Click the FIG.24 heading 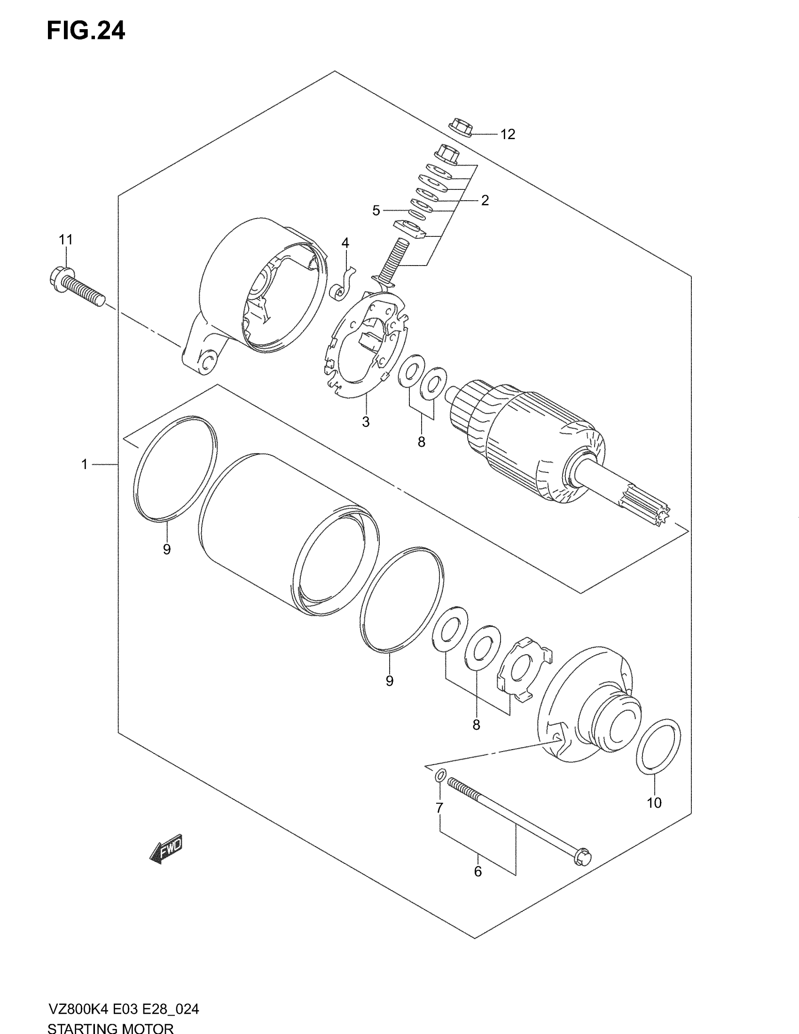[x=86, y=31]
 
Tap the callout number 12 [x=508, y=134]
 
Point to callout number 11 [x=66, y=240]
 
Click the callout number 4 [x=345, y=243]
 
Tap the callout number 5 [x=376, y=211]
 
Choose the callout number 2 [x=485, y=200]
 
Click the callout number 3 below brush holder [x=365, y=422]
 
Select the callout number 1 [x=85, y=464]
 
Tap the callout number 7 [x=439, y=807]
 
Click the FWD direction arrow [x=166, y=849]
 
